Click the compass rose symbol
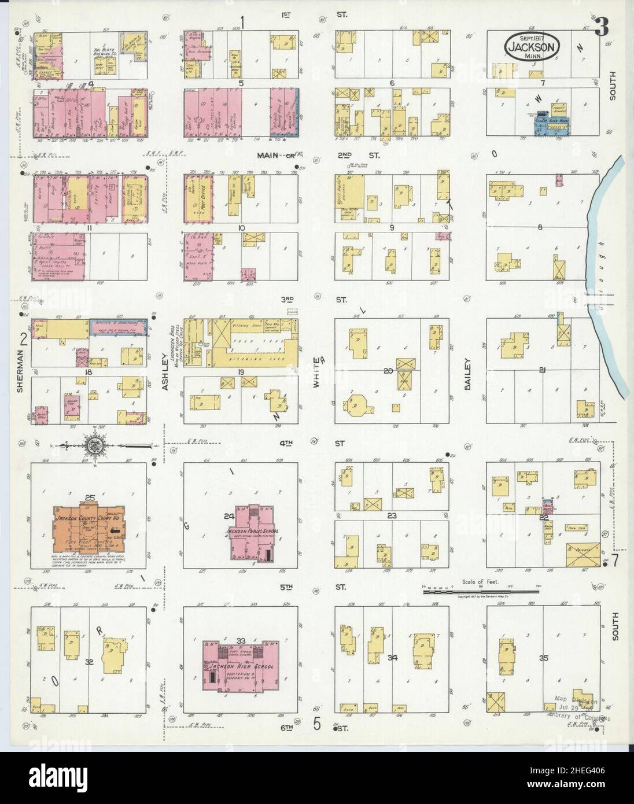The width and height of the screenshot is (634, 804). point(93,445)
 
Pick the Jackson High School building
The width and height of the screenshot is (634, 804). point(240,666)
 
